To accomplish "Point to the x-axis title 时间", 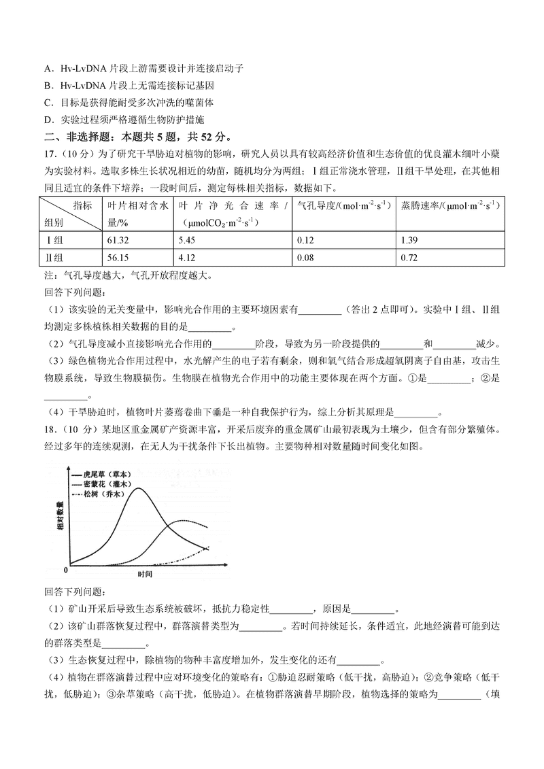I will [x=144, y=575].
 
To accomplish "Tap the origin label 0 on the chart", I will [x=65, y=568].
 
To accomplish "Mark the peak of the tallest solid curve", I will [x=140, y=488].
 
